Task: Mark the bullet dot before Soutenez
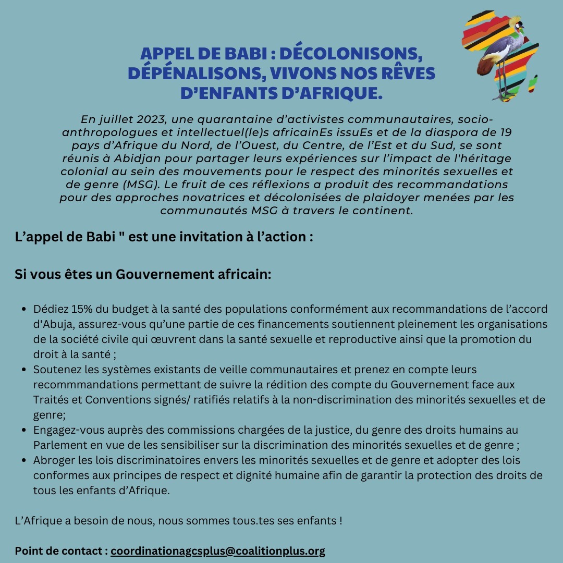point(24,370)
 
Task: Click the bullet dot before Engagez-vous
point(24,431)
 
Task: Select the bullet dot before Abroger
point(24,460)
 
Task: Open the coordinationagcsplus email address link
point(217,551)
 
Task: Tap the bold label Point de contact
point(61,551)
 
